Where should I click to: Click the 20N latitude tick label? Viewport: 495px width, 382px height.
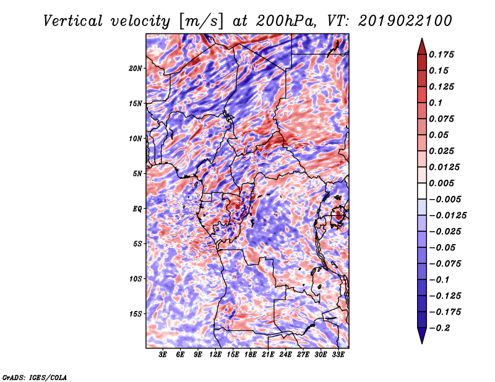[x=136, y=68]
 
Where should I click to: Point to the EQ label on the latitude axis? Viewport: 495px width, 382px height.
[x=137, y=209]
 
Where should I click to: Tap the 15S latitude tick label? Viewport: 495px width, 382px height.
[x=136, y=314]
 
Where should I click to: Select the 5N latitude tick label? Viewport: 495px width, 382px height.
[x=137, y=174]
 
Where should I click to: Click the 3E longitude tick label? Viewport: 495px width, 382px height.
[x=163, y=355]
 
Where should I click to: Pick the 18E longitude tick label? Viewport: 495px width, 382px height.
[x=251, y=355]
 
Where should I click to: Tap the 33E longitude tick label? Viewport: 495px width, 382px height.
[x=338, y=355]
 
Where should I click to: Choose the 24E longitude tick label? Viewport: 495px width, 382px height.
[x=286, y=355]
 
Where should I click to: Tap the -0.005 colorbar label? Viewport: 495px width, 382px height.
[x=445, y=199]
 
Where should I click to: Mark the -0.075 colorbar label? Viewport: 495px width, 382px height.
[x=445, y=264]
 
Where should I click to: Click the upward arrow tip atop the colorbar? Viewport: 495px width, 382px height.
[x=421, y=40]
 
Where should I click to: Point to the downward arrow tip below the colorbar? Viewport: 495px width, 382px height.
[x=421, y=342]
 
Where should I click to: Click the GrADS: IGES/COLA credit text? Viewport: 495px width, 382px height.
[x=34, y=376]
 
